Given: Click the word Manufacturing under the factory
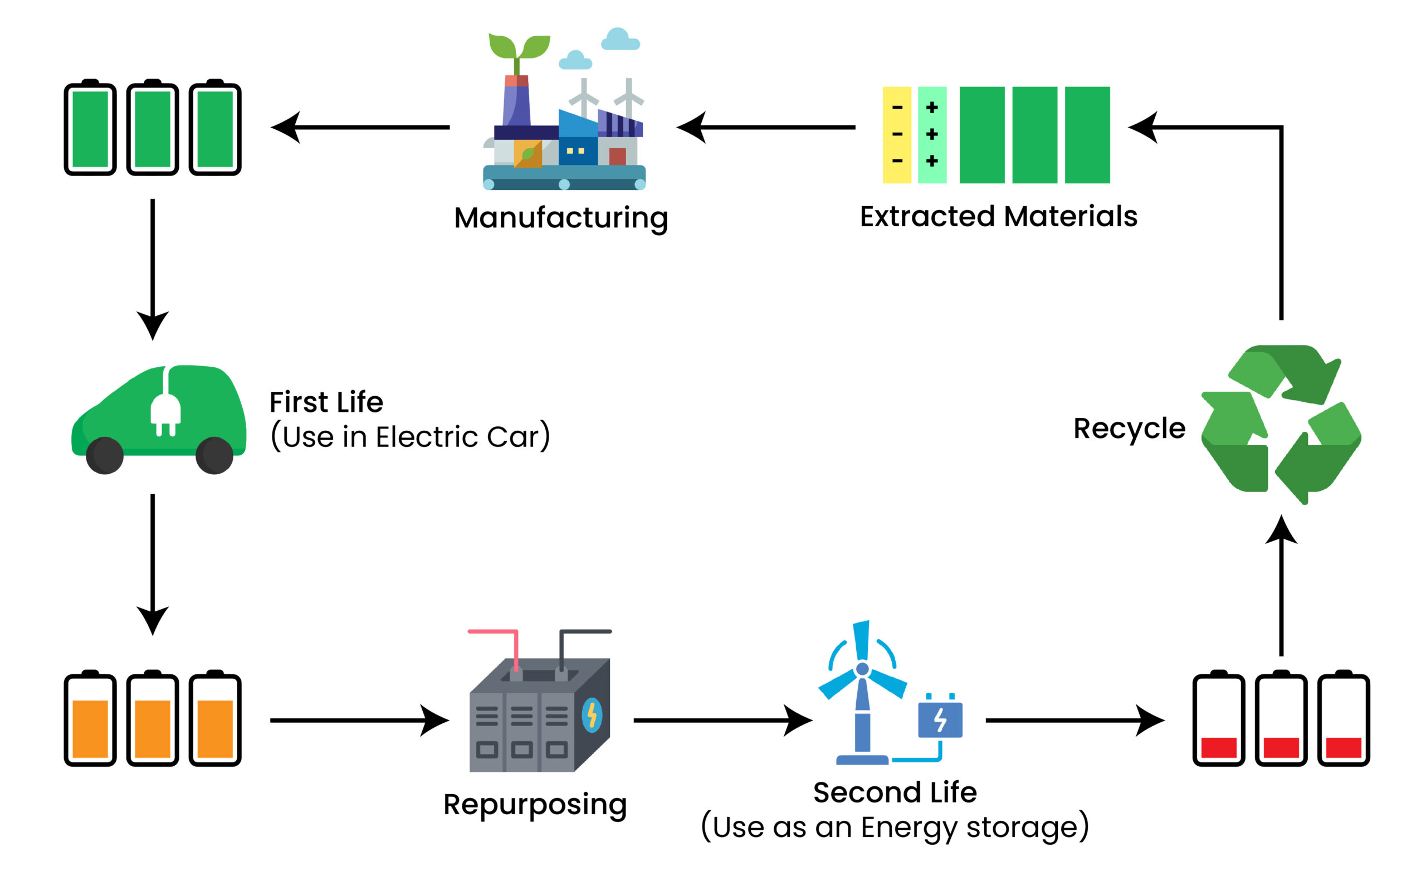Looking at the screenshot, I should click(x=561, y=218).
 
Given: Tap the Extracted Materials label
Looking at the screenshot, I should click(x=998, y=217).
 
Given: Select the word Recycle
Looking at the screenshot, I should click(x=1129, y=429).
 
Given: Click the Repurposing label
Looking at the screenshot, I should click(x=535, y=804).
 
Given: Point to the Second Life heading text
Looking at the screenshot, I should click(x=895, y=792).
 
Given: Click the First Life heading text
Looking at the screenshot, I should click(x=326, y=402).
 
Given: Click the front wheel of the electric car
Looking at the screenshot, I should click(x=105, y=455).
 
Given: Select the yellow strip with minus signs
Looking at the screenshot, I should click(x=896, y=135).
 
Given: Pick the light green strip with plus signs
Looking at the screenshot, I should click(x=932, y=135).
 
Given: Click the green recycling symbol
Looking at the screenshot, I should click(x=1281, y=424).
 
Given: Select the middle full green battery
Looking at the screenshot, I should click(x=152, y=128).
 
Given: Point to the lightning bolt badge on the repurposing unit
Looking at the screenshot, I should click(x=592, y=715).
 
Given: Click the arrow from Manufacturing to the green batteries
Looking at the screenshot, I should click(x=360, y=128).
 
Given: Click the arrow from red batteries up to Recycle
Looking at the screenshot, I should click(x=1281, y=585).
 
